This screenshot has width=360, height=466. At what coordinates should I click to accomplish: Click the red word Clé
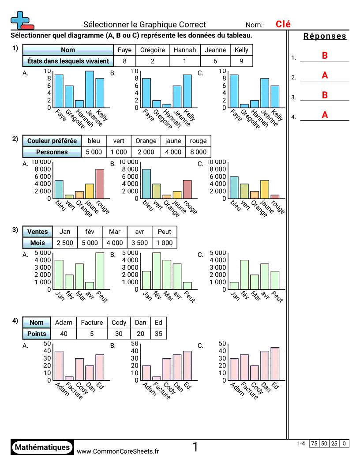283,24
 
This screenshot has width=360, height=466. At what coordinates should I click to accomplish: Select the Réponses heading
325,36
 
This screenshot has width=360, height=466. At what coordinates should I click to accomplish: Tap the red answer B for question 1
325,56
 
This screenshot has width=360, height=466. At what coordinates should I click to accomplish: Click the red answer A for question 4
325,115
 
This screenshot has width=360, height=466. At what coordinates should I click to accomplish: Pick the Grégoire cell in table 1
153,50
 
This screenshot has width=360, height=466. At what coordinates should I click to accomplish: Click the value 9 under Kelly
241,61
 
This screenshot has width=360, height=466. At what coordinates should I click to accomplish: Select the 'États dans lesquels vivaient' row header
68,61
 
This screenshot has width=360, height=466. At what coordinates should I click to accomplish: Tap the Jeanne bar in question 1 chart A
90,89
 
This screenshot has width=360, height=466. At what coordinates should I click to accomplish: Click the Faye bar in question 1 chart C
234,91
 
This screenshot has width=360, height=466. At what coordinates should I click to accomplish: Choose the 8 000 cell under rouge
198,152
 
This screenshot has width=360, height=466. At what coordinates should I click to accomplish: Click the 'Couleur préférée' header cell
52,141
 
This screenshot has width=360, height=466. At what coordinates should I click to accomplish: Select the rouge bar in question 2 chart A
100,184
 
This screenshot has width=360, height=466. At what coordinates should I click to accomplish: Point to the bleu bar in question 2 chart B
146,184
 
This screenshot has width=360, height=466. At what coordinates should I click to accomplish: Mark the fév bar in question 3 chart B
157,271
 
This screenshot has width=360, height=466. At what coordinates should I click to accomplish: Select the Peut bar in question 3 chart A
100,271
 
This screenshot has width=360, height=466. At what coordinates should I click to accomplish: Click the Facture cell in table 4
92,323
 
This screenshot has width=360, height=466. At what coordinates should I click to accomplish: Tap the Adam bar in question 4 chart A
59,365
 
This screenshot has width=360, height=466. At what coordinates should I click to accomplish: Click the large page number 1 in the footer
195,447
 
